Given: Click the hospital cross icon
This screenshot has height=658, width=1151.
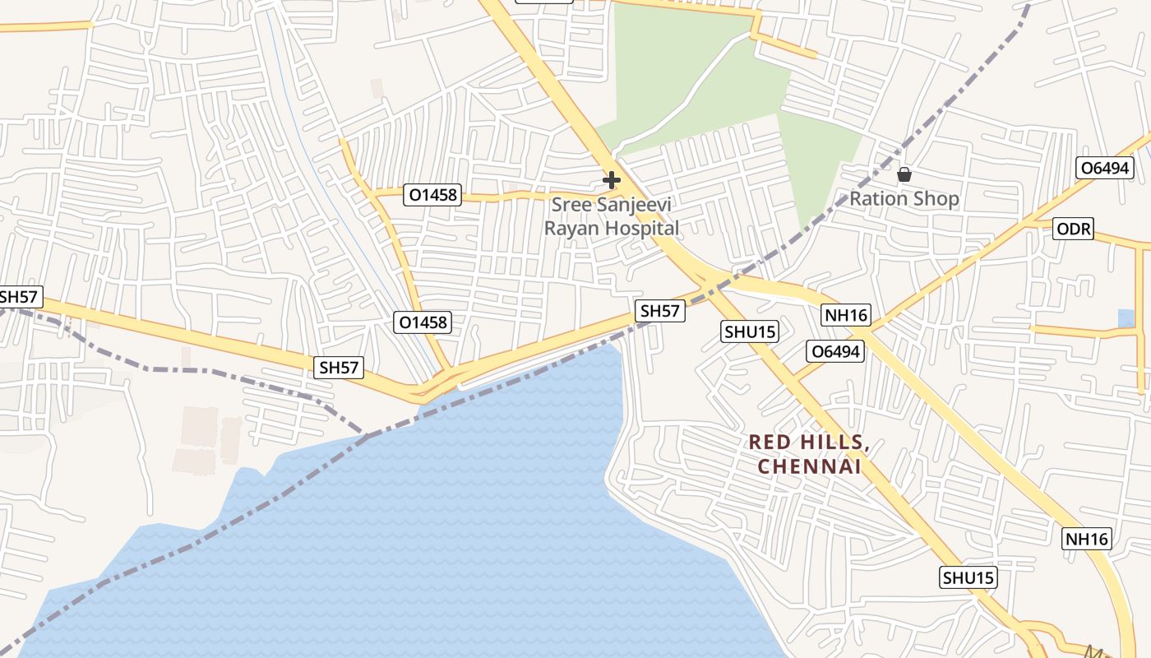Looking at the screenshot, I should (612, 179).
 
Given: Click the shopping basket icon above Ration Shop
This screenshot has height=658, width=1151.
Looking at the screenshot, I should (904, 174).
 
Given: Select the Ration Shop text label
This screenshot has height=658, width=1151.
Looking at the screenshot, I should (904, 199).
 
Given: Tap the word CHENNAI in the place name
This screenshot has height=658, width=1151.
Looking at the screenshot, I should (809, 467).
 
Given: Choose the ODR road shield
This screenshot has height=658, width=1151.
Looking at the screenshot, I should (1074, 229).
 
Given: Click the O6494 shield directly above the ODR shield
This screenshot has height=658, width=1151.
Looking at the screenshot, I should (1106, 169).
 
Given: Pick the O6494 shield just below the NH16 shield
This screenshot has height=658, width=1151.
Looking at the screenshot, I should (835, 352).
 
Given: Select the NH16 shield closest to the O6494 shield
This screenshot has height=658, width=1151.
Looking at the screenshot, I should (845, 315).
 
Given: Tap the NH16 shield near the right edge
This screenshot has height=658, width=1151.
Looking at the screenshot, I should (1087, 540).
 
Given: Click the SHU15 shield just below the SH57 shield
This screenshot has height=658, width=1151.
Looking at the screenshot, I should (750, 331).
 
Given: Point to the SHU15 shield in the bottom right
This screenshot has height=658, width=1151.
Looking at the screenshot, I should (968, 577).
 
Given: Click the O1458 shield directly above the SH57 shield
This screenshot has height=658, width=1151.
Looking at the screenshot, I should (423, 322).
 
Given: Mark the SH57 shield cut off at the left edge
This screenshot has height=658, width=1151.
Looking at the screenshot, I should (18, 297).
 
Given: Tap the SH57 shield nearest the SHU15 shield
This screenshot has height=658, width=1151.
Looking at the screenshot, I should (660, 310).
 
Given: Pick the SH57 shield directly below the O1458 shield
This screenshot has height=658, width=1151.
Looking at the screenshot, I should (339, 368).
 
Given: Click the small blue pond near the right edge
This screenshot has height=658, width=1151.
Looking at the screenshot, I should (1126, 318).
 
